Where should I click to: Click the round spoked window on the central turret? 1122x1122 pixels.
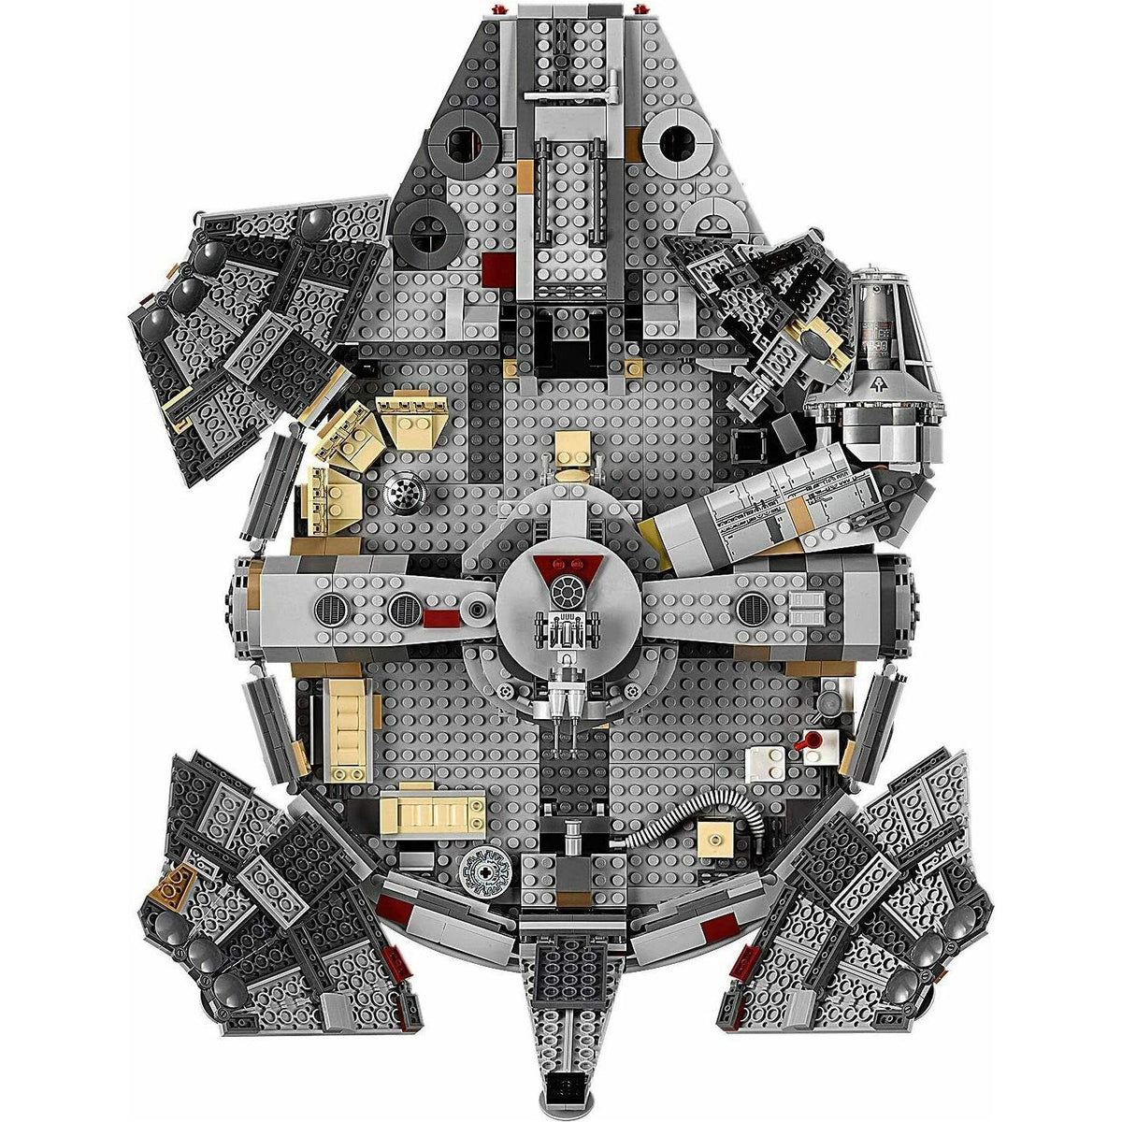568,589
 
